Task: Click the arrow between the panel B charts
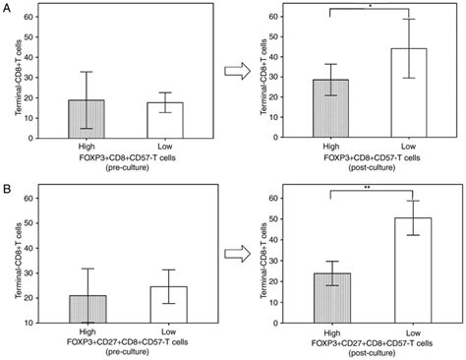[x=236, y=253]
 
